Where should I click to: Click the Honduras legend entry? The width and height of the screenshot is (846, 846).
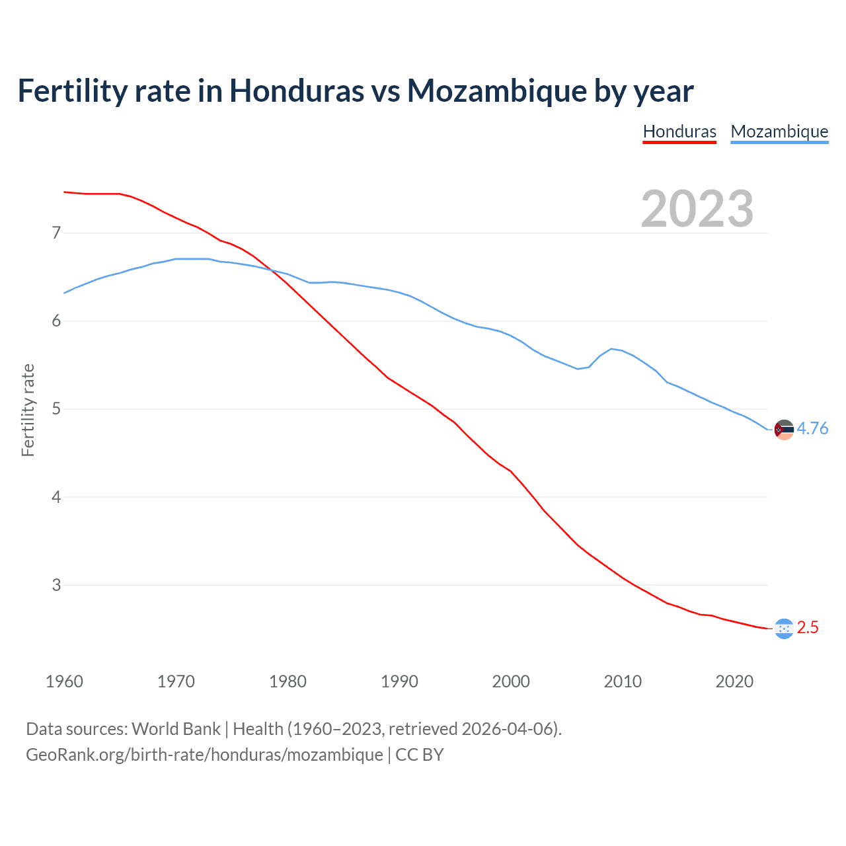[x=679, y=132]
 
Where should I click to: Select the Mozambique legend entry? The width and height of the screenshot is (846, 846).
[x=779, y=132]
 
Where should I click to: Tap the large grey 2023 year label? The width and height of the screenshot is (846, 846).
[x=697, y=209]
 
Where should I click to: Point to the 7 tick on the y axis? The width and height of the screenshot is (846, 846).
[x=56, y=233]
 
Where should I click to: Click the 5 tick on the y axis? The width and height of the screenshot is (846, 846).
[x=56, y=409]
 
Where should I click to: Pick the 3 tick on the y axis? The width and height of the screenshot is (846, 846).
[x=56, y=585]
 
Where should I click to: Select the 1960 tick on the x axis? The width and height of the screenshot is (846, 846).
[x=64, y=681]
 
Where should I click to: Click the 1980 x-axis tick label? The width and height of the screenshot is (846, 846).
[x=288, y=681]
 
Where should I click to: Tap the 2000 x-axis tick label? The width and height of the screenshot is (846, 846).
[x=511, y=681]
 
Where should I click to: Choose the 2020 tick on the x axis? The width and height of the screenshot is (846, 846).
[x=734, y=681]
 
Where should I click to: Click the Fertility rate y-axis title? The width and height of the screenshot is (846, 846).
[x=28, y=410]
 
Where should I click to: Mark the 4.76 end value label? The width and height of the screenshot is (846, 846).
[x=812, y=429]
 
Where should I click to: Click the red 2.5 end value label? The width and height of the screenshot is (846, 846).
[x=808, y=628]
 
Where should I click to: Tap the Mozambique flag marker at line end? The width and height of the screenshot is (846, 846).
[x=784, y=430]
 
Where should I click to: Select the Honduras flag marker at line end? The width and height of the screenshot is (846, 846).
[x=784, y=629]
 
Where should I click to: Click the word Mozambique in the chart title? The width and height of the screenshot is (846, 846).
[x=496, y=91]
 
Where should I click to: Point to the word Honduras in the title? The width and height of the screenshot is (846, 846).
[x=296, y=91]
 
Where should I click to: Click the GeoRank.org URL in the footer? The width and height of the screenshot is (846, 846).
[x=204, y=755]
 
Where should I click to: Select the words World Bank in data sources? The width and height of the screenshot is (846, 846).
[x=176, y=729]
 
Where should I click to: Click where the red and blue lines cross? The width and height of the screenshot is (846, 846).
[x=273, y=270]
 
